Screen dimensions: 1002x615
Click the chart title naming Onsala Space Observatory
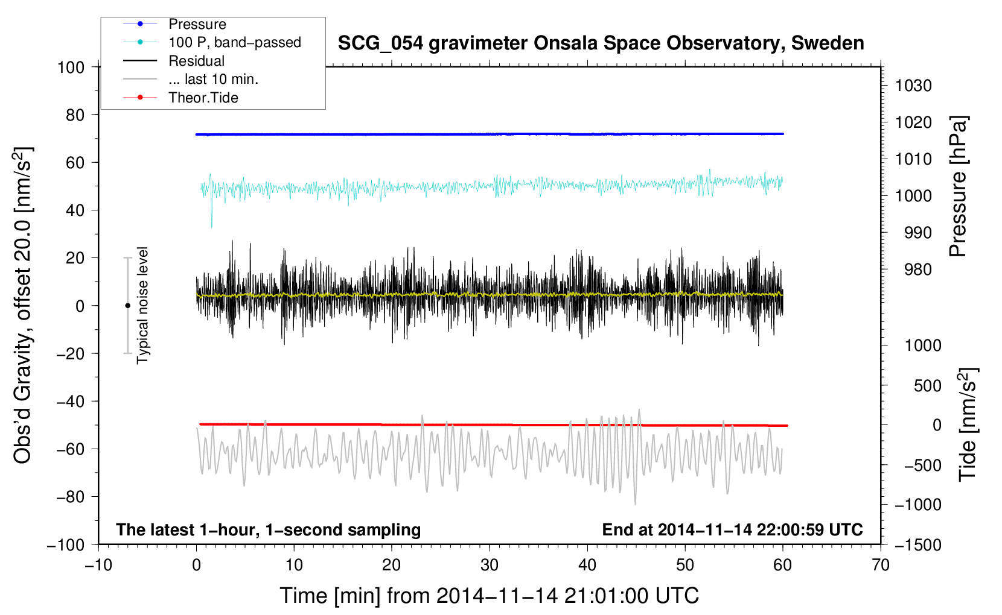pos(601,43)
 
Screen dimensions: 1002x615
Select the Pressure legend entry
pos(197,24)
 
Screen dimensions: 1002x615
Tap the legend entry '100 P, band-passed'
pos(234,42)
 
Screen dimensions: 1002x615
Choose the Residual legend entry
pos(196,61)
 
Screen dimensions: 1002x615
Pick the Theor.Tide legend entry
pos(203,98)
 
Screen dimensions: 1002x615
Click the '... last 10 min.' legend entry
pos(213,79)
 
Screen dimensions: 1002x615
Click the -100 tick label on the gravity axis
pos(66,545)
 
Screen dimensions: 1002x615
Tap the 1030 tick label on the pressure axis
pos(913,86)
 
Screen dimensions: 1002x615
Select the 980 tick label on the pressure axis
pos(918,270)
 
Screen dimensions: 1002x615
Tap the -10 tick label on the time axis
pos(98,565)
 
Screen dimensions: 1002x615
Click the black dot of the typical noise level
pos(127,306)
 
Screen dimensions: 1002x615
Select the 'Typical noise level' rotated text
pos(142,306)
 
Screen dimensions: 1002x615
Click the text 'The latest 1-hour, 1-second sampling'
pos(269,530)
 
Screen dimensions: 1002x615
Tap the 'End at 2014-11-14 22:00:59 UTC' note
pos(732,529)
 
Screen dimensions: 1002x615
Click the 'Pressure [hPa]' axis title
pos(958,186)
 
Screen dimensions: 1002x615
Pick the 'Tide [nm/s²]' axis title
pos(968,424)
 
